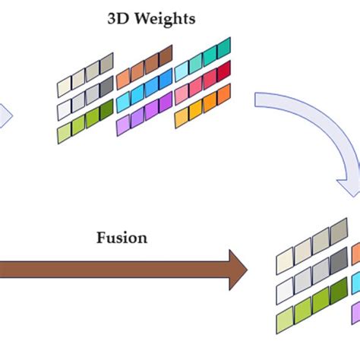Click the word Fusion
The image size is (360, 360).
[122, 237]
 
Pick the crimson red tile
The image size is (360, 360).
[223, 72]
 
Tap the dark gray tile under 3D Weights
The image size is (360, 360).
[106, 87]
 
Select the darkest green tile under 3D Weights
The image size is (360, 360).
[106, 109]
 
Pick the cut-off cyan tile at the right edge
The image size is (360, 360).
[355, 283]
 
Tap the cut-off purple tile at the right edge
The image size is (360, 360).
[355, 311]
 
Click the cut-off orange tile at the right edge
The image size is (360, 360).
[355, 253]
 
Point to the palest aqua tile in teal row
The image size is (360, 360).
[182, 71]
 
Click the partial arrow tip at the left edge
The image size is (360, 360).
[5, 115]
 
